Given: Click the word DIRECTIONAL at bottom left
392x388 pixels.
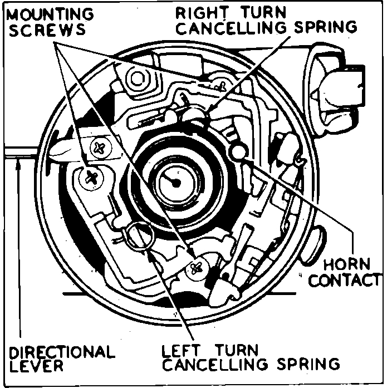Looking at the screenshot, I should point(61,352).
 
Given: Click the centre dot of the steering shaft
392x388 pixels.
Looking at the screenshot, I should point(174,182).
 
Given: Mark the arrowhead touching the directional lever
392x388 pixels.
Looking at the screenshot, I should point(20,162).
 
